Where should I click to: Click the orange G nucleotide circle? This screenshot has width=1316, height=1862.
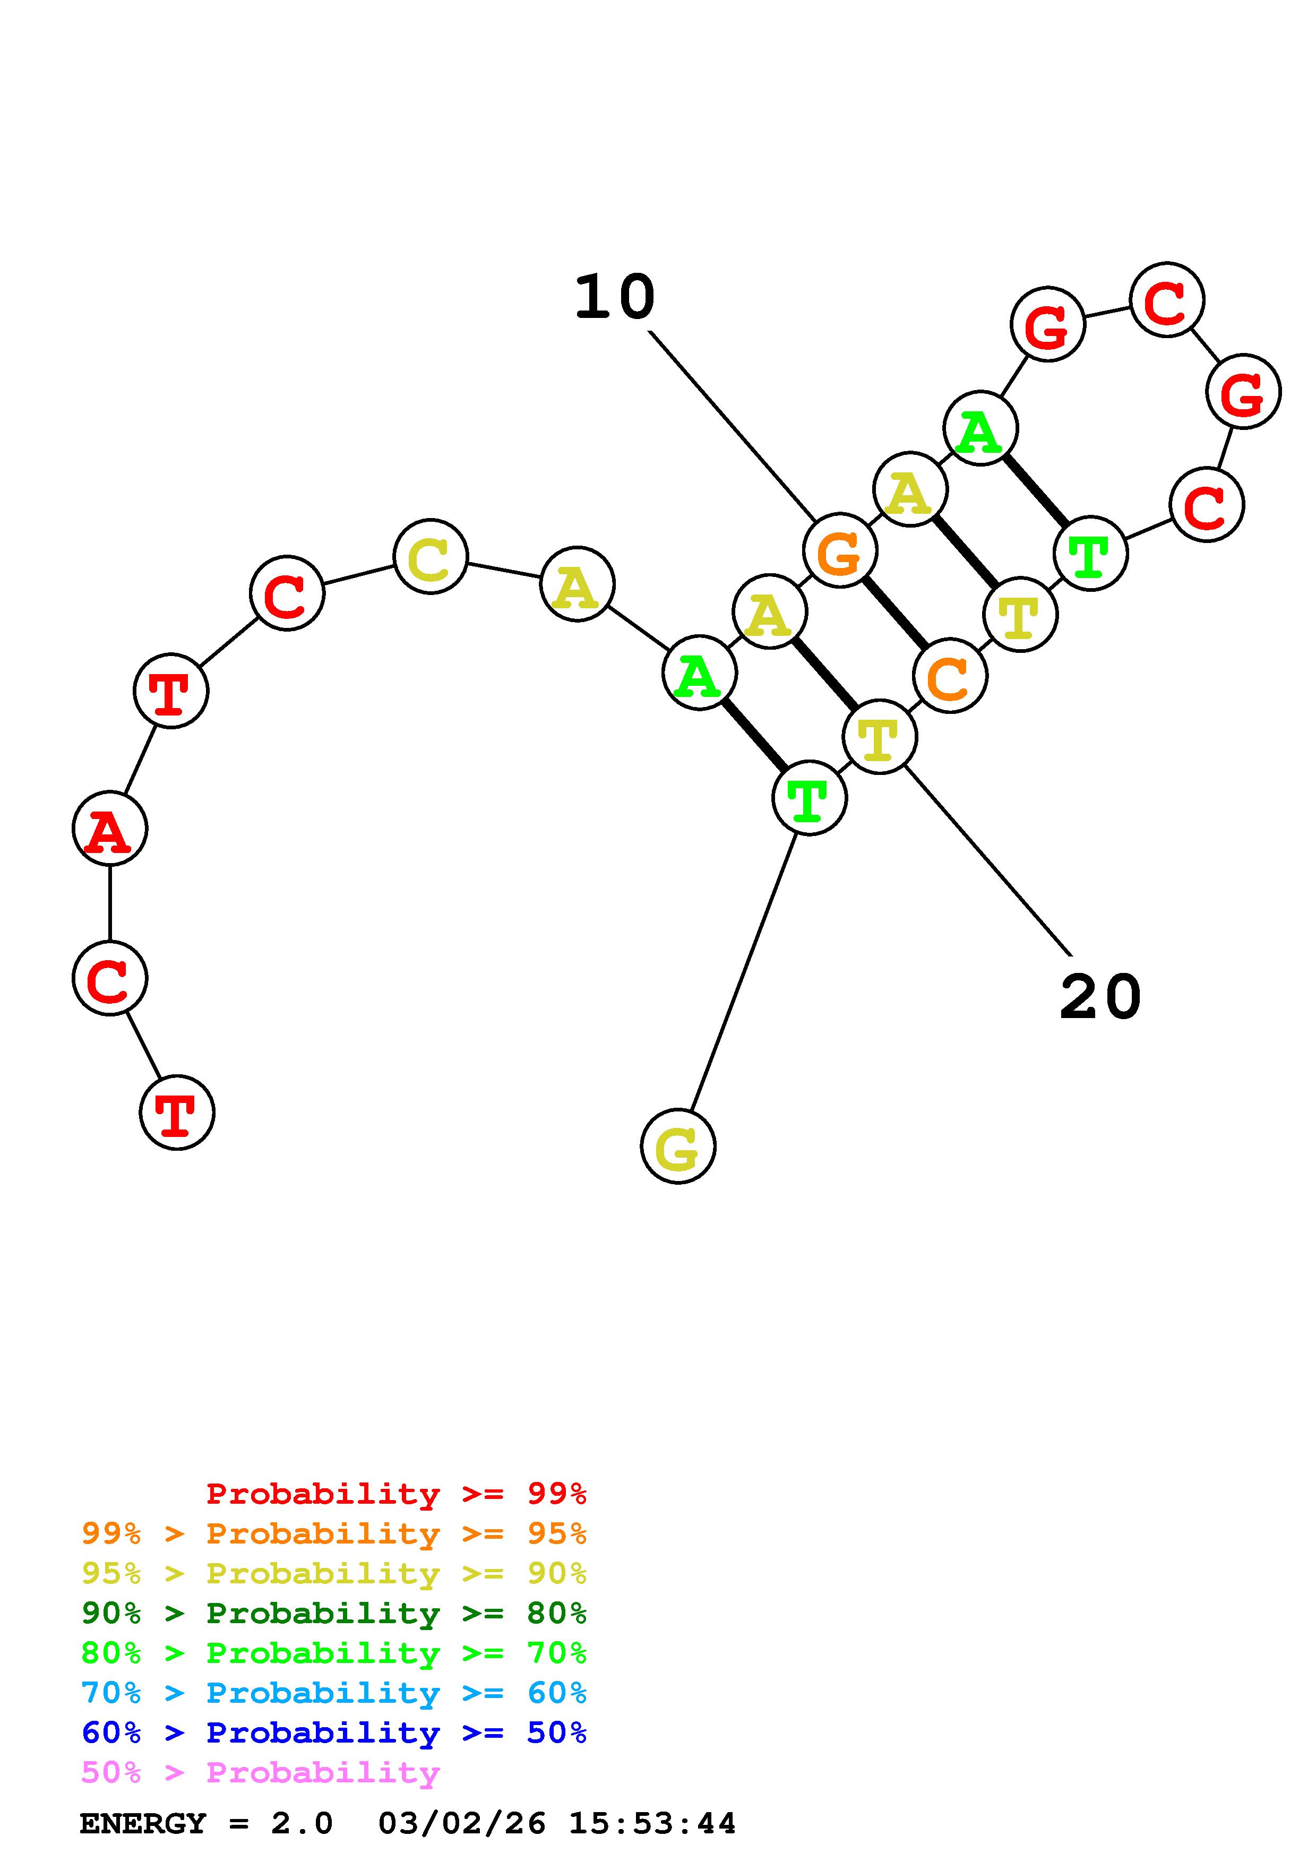pyautogui.click(x=839, y=550)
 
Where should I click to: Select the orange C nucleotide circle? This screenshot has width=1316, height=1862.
pyautogui.click(x=950, y=676)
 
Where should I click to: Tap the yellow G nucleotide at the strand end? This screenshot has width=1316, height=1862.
pyautogui.click(x=678, y=1146)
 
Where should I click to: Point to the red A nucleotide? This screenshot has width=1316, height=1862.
pyautogui.click(x=109, y=828)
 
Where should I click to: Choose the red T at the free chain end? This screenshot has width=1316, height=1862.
pyautogui.click(x=177, y=1112)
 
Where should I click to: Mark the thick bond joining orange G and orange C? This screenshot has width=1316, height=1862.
pyautogui.click(x=894, y=613)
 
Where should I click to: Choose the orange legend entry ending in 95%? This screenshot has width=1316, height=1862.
pyautogui.click(x=334, y=1533)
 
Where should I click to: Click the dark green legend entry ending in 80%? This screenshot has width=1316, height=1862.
pyautogui.click(x=334, y=1613)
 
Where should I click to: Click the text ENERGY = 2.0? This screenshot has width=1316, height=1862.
pyautogui.click(x=206, y=1824)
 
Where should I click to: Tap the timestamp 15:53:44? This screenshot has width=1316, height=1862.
pyautogui.click(x=652, y=1824)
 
